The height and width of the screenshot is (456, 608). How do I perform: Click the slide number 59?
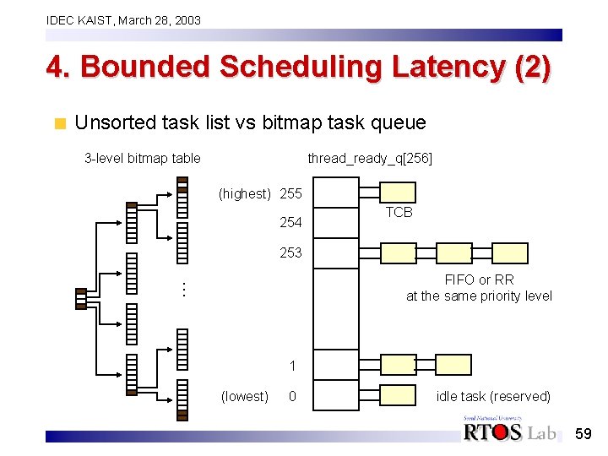[584, 433]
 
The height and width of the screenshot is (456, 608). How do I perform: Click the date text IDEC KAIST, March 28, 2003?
[123, 19]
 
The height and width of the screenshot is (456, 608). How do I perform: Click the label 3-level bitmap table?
[143, 158]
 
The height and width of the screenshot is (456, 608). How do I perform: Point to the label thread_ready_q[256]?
[370, 158]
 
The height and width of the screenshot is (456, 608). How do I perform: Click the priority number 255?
[290, 193]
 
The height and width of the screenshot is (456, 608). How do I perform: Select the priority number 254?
[290, 223]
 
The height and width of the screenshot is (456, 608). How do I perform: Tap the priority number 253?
[290, 252]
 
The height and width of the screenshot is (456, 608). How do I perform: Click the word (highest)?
[244, 193]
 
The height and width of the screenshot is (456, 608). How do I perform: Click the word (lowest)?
[244, 396]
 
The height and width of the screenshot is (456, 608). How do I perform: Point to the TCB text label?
[399, 213]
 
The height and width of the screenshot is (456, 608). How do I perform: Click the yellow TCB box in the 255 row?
[397, 194]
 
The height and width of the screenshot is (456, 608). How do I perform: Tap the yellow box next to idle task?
[397, 396]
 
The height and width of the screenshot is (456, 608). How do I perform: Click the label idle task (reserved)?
[493, 396]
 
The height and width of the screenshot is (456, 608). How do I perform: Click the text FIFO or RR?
[479, 280]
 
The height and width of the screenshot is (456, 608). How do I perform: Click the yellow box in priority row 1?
[397, 364]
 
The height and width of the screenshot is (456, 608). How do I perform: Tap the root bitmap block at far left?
[81, 299]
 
